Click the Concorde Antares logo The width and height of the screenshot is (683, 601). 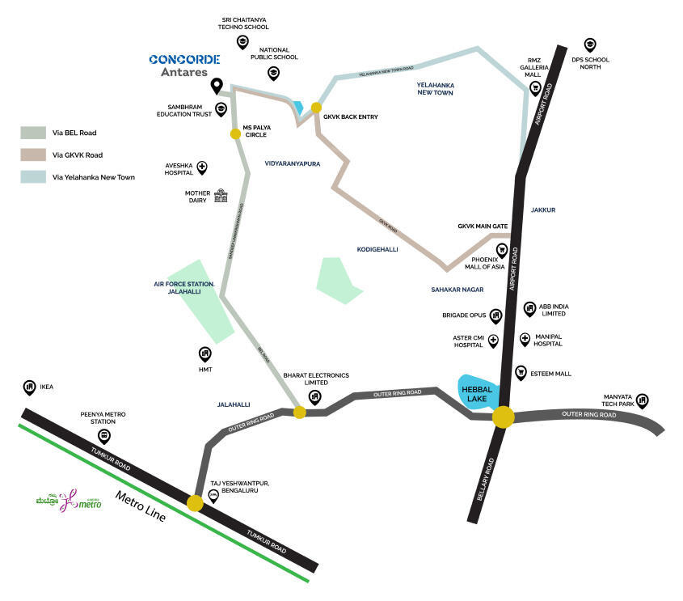click(183, 65)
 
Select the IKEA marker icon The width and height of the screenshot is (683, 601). click(30, 387)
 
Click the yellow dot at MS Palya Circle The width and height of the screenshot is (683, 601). click(235, 133)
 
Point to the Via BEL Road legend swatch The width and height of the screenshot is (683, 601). click(33, 133)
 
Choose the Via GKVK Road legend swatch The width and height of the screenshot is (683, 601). click(33, 154)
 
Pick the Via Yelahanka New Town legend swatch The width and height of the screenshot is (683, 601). click(33, 176)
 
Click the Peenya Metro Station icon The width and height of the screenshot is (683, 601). click(103, 437)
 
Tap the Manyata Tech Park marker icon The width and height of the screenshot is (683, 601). click(642, 400)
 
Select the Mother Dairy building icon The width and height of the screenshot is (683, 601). click(221, 196)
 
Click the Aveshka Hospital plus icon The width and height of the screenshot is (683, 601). click(201, 167)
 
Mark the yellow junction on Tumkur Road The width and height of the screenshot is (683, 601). click(195, 503)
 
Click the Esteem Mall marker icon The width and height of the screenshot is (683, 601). click(521, 373)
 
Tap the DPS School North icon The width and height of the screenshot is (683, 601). click(590, 45)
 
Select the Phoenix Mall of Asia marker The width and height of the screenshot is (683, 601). click(502, 250)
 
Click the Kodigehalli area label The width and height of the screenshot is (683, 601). click(377, 250)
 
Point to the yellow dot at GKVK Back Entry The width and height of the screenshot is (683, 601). click(316, 108)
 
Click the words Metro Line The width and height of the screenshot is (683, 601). click(140, 506)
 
